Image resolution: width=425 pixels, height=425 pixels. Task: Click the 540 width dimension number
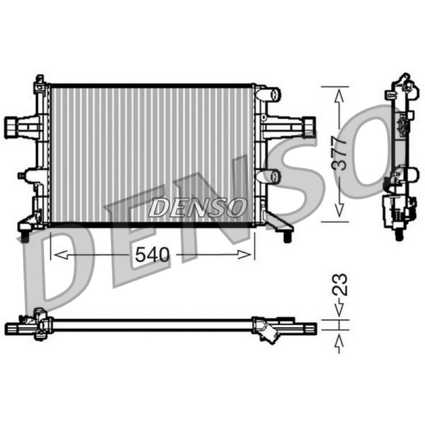(152, 255)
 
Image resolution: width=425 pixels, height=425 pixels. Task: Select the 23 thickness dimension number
(339, 284)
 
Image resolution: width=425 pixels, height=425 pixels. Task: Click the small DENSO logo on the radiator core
(198, 207)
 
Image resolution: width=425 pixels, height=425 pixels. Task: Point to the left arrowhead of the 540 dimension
(61, 255)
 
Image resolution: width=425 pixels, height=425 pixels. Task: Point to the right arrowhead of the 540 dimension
(244, 255)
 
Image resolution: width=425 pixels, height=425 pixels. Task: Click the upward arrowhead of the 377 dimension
(339, 96)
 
